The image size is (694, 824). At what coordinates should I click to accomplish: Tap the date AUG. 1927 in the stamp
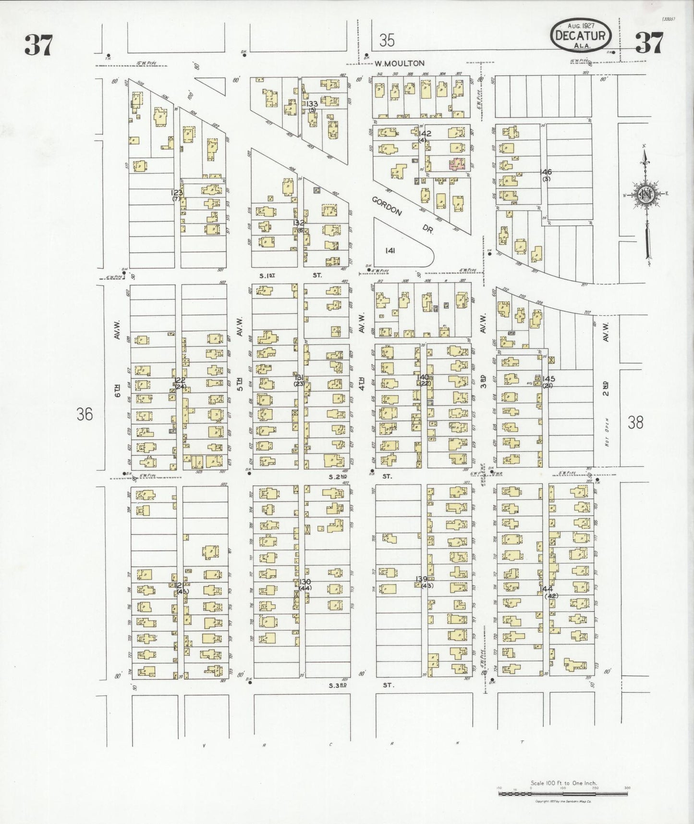pos(581,25)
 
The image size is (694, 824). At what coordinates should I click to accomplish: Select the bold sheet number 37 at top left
pos(38,45)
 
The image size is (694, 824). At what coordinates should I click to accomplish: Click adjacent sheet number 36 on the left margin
pos(85,414)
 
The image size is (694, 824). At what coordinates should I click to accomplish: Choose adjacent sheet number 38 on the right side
pos(635,423)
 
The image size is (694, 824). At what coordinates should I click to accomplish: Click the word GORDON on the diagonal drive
pos(386,205)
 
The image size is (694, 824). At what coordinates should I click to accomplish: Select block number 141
pos(390,250)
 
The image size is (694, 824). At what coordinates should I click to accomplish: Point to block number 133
pos(312,104)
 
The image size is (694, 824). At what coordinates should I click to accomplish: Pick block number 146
pos(546,172)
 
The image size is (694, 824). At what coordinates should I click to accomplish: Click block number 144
pos(546,589)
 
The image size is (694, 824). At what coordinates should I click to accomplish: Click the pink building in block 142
pos(456,165)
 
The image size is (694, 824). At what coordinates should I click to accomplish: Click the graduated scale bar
pos(563,794)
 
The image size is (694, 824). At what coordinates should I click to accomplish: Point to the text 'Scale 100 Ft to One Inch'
pos(563,783)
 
